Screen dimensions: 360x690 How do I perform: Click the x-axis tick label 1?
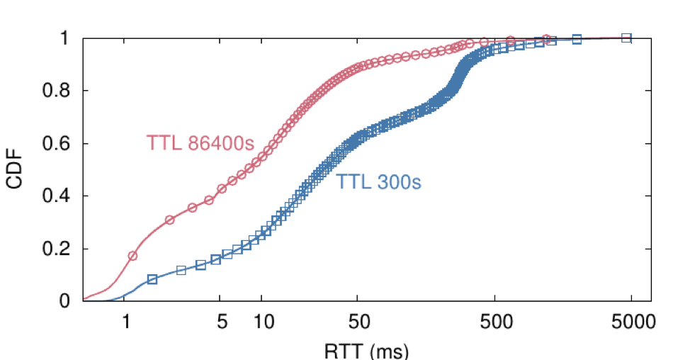point(125,322)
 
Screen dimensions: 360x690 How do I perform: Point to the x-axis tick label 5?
point(222,322)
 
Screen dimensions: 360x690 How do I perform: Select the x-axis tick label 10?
point(261,322)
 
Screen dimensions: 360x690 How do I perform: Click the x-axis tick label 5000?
point(631,322)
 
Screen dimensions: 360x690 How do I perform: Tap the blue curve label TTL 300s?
point(378,183)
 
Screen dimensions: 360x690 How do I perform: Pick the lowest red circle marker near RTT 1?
point(132,255)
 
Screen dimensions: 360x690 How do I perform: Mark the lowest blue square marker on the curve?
point(152,279)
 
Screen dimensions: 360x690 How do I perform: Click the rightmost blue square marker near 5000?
point(626,38)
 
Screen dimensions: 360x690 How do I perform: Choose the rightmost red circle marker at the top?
point(545,39)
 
